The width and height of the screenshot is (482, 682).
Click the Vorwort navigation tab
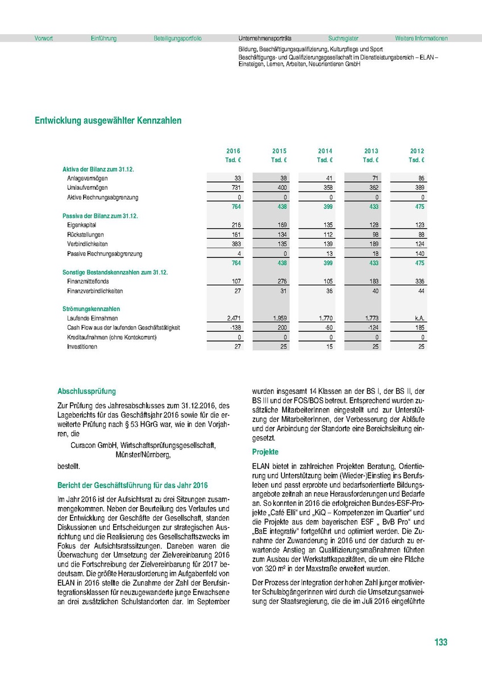44,39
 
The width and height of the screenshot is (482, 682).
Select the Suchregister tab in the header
343,39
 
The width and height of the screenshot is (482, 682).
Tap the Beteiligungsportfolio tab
177,39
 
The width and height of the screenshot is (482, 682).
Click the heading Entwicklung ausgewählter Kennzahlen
109,120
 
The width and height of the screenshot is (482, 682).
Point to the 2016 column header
233,151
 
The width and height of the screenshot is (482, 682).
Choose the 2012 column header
417,151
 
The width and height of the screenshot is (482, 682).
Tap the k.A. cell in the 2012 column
419,319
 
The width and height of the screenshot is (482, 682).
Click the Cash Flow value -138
236,328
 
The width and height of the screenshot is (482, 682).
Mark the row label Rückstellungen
85,235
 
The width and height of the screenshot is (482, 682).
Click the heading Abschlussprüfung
86,392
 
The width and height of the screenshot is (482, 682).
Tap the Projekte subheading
265,452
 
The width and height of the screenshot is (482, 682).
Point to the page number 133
441,642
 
